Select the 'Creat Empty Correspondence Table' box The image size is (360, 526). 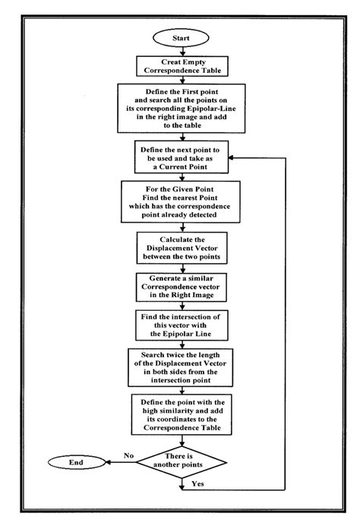click(x=180, y=66)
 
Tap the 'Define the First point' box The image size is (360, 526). click(x=180, y=108)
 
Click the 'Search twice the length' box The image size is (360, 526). click(x=180, y=369)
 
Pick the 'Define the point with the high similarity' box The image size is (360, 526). click(x=180, y=414)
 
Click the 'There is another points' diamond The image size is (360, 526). click(x=181, y=460)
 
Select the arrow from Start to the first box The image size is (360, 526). click(x=181, y=50)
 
